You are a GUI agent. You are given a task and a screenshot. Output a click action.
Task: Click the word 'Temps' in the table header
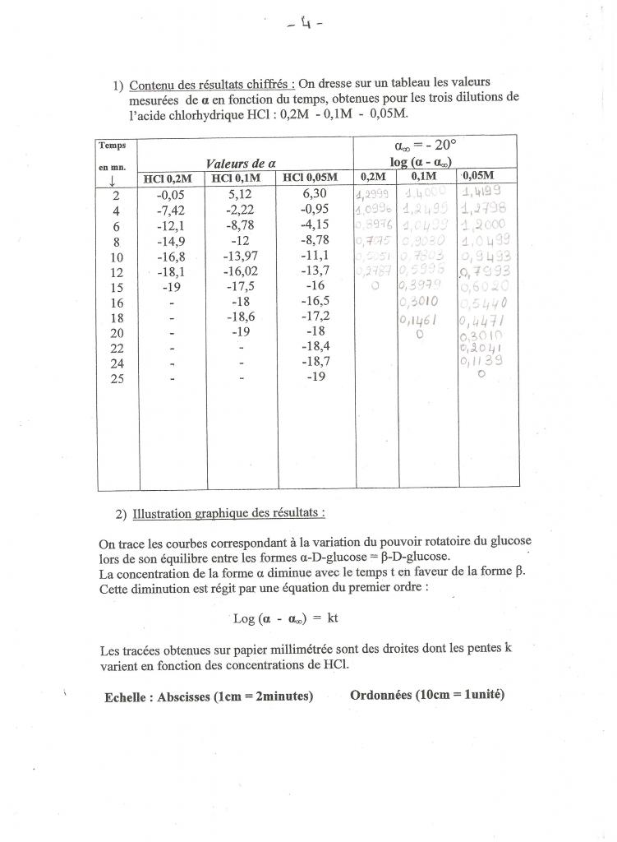(113, 145)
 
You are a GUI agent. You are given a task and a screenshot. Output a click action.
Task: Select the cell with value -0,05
(170, 195)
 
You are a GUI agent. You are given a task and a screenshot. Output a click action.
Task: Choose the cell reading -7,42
(170, 210)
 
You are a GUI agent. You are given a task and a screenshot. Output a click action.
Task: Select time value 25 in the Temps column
(116, 377)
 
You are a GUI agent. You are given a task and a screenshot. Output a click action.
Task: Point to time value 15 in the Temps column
(116, 287)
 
